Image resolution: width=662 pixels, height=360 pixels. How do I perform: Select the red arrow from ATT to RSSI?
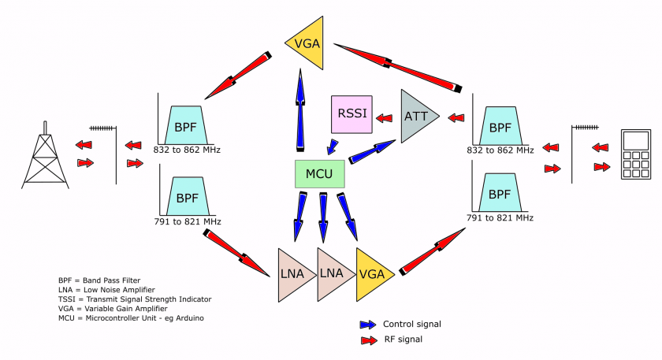point(385,119)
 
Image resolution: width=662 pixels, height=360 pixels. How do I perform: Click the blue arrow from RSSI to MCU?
point(333,147)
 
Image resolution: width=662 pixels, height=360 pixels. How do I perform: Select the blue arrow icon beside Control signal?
point(368,324)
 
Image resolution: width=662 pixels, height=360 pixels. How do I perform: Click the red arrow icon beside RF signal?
point(368,340)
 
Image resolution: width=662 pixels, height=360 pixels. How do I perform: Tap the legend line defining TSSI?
point(135,299)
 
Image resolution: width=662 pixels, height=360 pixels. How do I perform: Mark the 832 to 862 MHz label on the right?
point(500,149)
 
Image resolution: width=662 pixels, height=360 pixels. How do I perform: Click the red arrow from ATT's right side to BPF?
point(456,120)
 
